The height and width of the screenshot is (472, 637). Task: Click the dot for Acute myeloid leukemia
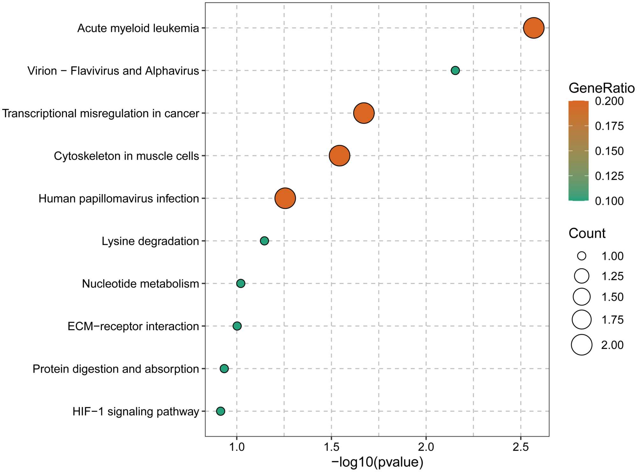point(533,28)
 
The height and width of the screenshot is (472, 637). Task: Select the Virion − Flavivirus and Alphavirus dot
point(455,70)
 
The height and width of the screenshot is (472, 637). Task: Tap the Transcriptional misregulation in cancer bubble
point(364,113)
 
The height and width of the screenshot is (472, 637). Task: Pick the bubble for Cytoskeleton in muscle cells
point(339,156)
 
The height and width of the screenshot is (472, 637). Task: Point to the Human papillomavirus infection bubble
point(285,198)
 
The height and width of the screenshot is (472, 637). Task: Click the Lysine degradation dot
point(264,241)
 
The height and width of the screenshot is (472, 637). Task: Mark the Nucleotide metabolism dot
point(241,283)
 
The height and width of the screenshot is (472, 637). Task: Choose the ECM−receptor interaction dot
point(237,326)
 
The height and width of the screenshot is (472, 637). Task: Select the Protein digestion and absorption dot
point(224,369)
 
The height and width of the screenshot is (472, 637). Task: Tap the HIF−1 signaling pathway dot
point(220,411)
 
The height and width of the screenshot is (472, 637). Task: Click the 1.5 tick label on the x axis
point(331,447)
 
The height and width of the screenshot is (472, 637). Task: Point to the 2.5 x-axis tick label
point(521,447)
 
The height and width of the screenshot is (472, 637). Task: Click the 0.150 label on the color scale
point(609,151)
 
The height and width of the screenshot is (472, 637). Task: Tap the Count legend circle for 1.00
point(582,256)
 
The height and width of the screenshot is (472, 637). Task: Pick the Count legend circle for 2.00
point(582,345)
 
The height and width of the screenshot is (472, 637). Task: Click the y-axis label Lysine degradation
point(150,241)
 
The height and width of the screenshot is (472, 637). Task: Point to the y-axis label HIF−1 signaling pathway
point(136,411)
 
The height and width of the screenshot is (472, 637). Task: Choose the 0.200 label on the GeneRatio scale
point(609,101)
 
